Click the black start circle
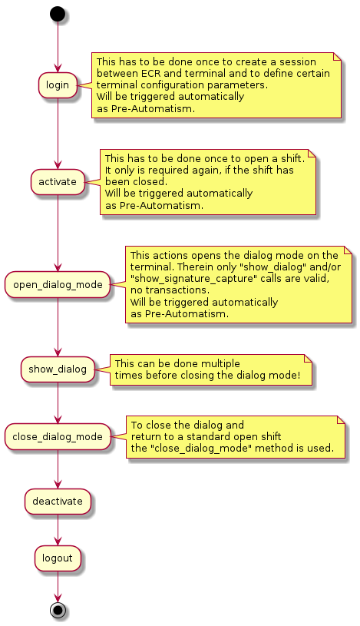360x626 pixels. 58,14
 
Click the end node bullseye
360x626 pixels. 58,610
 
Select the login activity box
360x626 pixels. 58,85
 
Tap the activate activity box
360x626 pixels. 58,181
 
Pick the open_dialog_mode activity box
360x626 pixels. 58,285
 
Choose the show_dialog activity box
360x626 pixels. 58,369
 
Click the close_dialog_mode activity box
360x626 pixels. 58,437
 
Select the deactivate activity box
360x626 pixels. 58,502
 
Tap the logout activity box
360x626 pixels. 58,558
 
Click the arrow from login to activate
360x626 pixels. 58,134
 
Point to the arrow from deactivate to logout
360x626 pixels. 58,530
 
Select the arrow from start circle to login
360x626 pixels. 58,47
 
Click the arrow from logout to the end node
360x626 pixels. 58,587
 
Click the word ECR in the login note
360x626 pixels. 151,74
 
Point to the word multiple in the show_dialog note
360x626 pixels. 220,364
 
